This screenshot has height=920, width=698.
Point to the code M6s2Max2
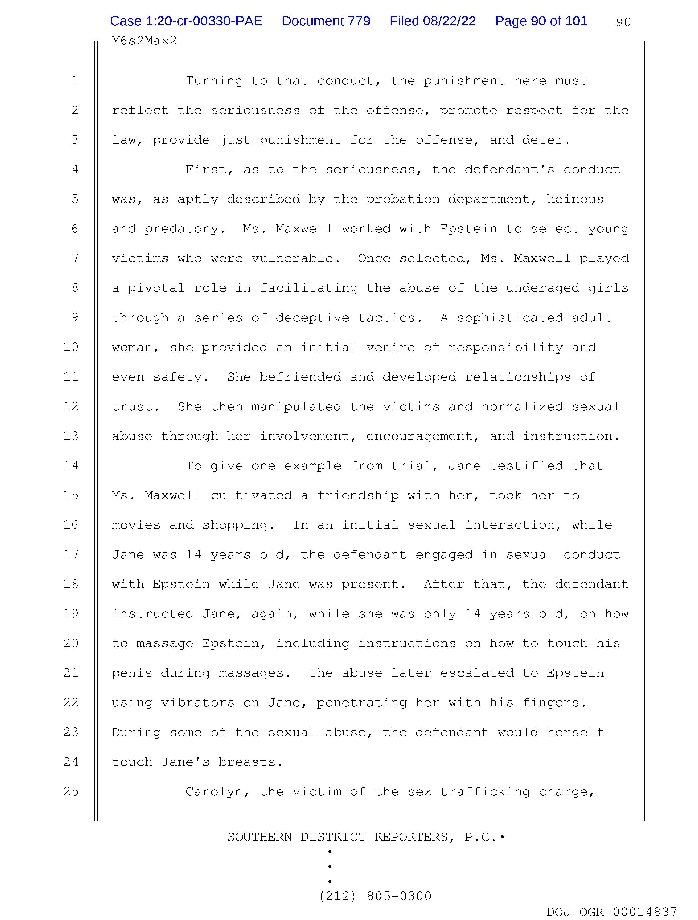point(144,41)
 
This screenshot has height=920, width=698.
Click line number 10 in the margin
point(71,347)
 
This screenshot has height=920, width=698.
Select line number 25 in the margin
point(71,791)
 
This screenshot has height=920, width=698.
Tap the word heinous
point(575,199)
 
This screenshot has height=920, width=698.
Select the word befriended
point(300,377)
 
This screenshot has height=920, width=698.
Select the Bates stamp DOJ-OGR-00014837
point(612,912)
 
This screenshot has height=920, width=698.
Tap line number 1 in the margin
point(75,80)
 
